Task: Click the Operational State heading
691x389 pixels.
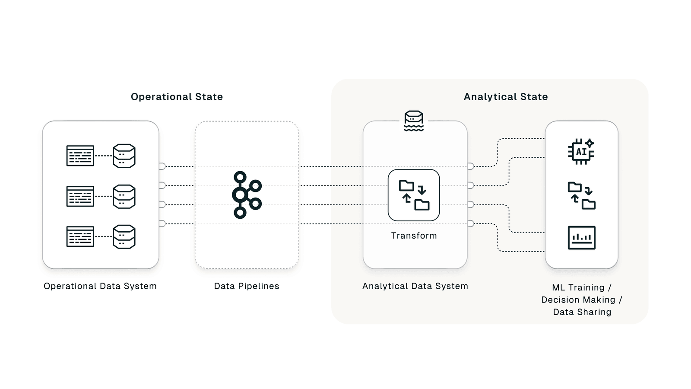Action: pyautogui.click(x=177, y=97)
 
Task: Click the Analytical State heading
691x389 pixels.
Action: pyautogui.click(x=506, y=97)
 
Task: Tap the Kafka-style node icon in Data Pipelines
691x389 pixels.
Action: pyautogui.click(x=246, y=195)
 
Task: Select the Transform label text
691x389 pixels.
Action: pyautogui.click(x=414, y=236)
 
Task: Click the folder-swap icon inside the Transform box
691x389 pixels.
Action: pyautogui.click(x=414, y=195)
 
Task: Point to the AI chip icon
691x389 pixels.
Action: pyautogui.click(x=581, y=151)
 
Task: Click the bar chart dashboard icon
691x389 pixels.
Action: pyautogui.click(x=581, y=238)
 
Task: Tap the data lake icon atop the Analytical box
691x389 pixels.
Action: pyautogui.click(x=414, y=121)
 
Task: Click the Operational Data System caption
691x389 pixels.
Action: pyautogui.click(x=100, y=286)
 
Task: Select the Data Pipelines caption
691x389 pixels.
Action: pyautogui.click(x=247, y=286)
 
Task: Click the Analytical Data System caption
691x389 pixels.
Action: pyautogui.click(x=415, y=286)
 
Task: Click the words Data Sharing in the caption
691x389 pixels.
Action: pyautogui.click(x=582, y=312)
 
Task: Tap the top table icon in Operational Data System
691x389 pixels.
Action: pyautogui.click(x=80, y=156)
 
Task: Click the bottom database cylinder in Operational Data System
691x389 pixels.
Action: pyautogui.click(x=124, y=237)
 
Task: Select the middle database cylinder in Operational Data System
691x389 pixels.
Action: pyautogui.click(x=124, y=197)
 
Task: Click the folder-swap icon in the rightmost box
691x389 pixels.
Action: pyautogui.click(x=581, y=196)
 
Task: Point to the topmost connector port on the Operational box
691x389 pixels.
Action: pyautogui.click(x=162, y=166)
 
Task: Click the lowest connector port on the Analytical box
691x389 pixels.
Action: pyautogui.click(x=471, y=223)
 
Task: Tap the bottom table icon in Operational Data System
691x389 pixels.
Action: pyautogui.click(x=80, y=237)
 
